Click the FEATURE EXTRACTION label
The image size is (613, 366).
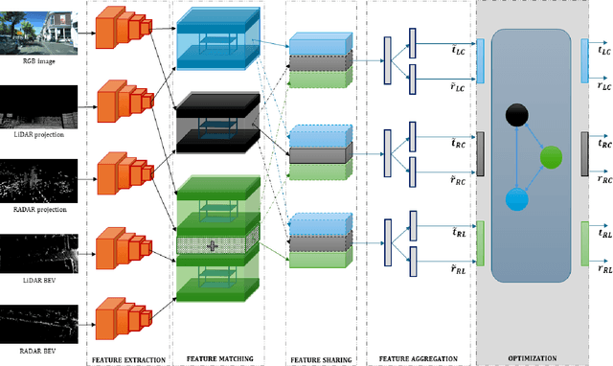tap(128, 359)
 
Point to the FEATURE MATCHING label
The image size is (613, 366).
tap(220, 359)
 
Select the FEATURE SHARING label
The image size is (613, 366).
tap(320, 359)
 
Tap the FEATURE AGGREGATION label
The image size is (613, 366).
tap(418, 359)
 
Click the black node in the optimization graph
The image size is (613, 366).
tap(517, 117)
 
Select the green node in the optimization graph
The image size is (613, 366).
tap(551, 158)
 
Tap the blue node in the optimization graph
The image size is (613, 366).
tap(516, 199)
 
